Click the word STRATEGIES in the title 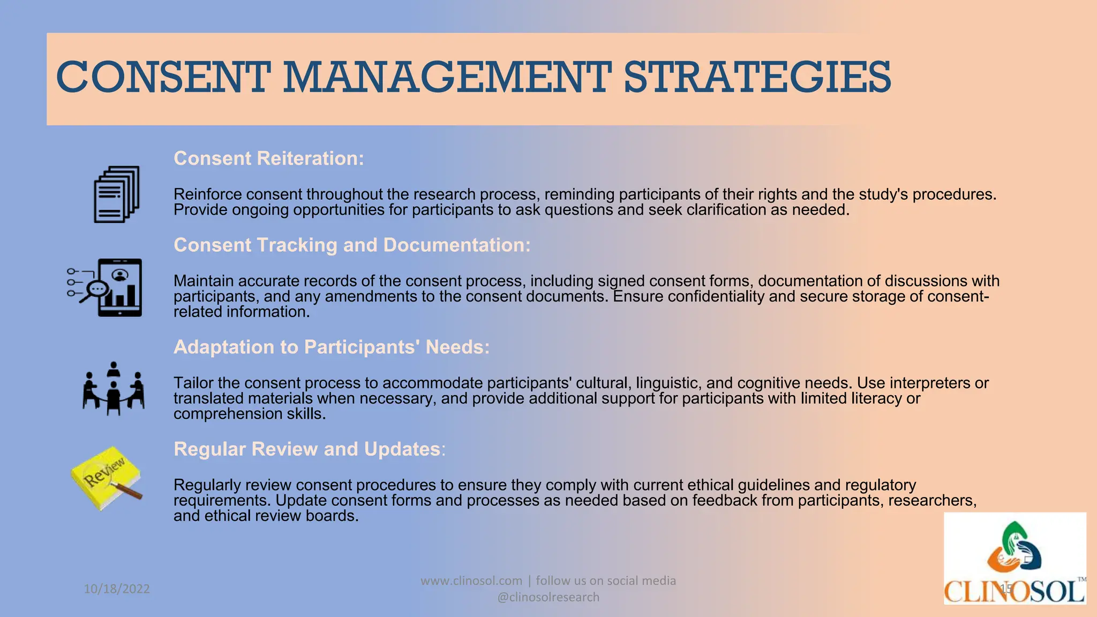click(757, 78)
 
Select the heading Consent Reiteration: click(269, 159)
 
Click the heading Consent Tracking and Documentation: click(352, 245)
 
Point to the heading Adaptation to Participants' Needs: click(332, 347)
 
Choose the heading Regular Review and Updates click(307, 449)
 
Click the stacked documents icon click(117, 194)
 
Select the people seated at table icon click(114, 388)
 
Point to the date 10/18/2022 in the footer click(117, 589)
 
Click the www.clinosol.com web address click(471, 581)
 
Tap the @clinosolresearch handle click(548, 597)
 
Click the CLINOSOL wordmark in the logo click(1015, 592)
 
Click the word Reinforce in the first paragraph click(207, 194)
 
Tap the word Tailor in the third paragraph click(193, 383)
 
